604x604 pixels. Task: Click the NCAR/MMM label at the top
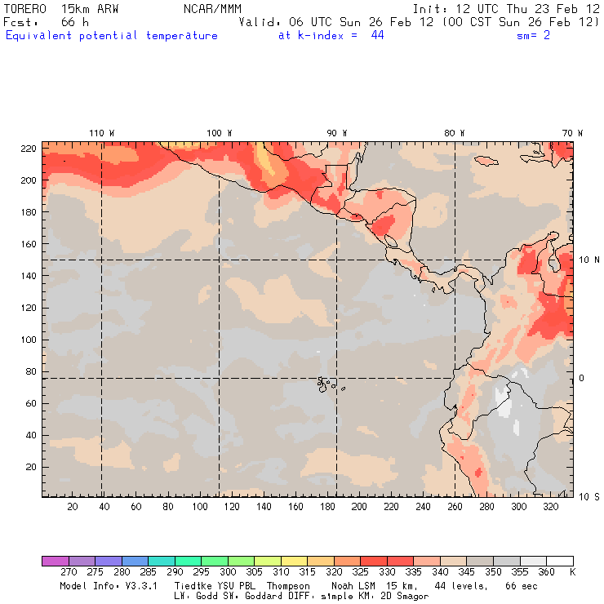point(213,8)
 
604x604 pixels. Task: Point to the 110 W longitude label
point(101,133)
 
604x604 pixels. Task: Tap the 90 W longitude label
point(337,133)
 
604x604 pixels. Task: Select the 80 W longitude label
point(455,133)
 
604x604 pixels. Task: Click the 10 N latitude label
point(588,260)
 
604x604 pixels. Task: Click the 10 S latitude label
point(588,496)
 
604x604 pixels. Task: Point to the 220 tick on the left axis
point(28,148)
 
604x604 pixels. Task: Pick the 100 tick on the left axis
point(28,340)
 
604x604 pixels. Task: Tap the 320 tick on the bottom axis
point(550,507)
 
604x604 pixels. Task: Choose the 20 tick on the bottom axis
point(72,507)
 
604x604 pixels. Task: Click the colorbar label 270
point(68,572)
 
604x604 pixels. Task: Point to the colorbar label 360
point(546,572)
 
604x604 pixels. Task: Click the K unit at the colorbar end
point(572,572)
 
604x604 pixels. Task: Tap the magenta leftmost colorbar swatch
point(55,561)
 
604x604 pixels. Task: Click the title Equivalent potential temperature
point(112,35)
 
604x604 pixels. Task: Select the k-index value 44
point(377,35)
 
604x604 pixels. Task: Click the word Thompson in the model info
point(287,586)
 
